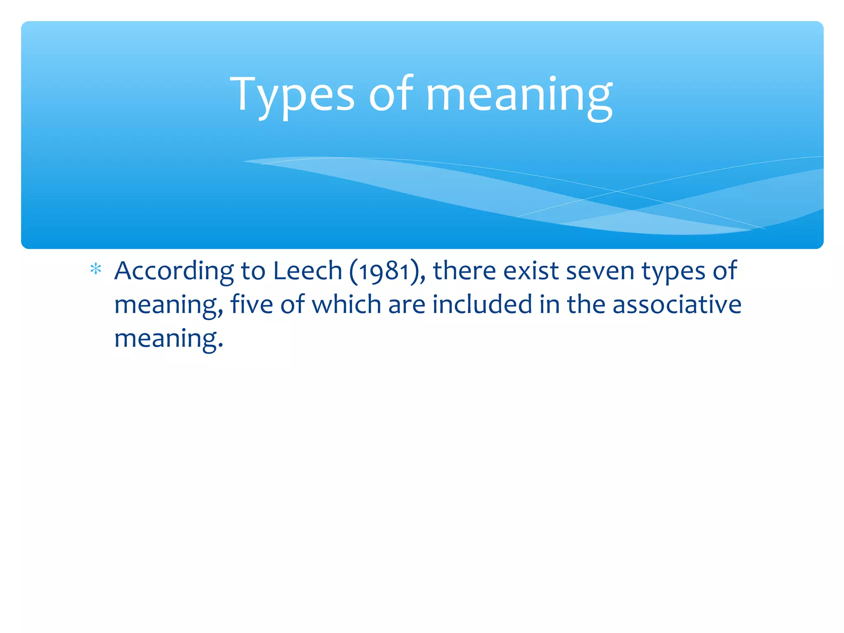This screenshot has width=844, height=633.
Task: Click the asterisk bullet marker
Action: (x=96, y=270)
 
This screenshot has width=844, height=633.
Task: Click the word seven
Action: (x=600, y=272)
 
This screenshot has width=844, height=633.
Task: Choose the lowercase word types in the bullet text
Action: (x=673, y=272)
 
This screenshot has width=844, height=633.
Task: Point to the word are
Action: (x=406, y=305)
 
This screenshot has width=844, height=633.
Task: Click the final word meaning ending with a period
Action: (x=169, y=339)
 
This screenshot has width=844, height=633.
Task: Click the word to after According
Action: (x=253, y=272)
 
